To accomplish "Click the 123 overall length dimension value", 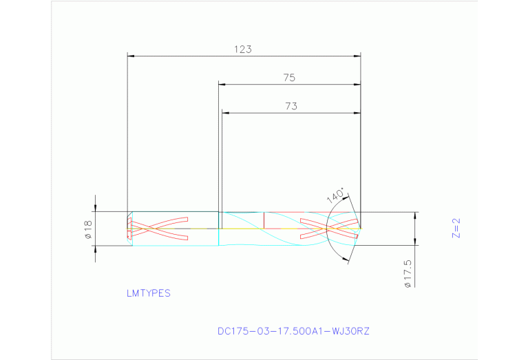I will tap(243, 50).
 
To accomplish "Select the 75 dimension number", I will tap(289, 78).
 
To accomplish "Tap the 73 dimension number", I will tap(291, 106).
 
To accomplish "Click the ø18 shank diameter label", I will tap(89, 229).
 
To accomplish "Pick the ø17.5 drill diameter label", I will tap(408, 274).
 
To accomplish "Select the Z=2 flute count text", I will tap(455, 228).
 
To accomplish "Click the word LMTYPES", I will tap(148, 293).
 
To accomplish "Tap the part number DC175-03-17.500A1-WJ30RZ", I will tap(293, 331).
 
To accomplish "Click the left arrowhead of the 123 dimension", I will tap(131, 56).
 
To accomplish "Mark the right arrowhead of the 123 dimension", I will tap(357, 56).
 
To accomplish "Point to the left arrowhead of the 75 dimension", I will tap(222, 85).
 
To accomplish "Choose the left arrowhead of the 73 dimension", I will tap(225, 113).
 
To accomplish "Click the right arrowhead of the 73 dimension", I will tap(357, 113).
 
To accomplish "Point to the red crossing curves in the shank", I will tap(158, 229).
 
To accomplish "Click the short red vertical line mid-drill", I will tap(265, 220).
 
